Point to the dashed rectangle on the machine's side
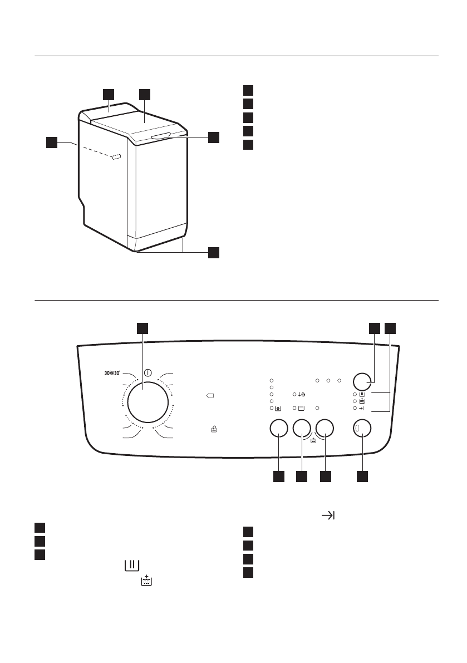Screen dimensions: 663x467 pos(116,158)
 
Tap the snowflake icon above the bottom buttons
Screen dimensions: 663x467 pos(277,409)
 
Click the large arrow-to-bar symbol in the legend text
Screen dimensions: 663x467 pos(328,516)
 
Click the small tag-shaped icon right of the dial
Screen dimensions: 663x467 pos(210,396)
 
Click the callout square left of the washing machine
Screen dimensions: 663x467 pos(51,143)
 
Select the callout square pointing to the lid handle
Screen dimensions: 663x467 pos(214,137)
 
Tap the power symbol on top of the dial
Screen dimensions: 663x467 pos(148,372)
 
